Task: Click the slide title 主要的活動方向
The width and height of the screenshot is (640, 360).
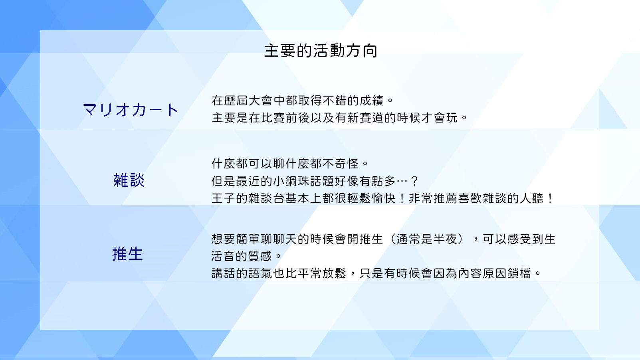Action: pyautogui.click(x=321, y=51)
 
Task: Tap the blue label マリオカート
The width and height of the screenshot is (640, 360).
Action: pyautogui.click(x=131, y=110)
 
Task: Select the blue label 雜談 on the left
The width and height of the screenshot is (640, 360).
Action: pyautogui.click(x=129, y=180)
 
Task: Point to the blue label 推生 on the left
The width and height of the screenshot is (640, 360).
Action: pyautogui.click(x=127, y=254)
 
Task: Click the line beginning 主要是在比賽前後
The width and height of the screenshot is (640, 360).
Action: pyautogui.click(x=339, y=118)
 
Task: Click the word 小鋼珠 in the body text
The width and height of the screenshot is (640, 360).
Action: pyautogui.click(x=291, y=181)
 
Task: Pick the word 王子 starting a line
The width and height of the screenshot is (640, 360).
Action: pyautogui.click(x=224, y=198)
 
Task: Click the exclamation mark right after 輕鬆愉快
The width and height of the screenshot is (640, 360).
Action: pyautogui.click(x=402, y=198)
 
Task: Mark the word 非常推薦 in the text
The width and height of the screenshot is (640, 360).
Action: pyautogui.click(x=433, y=198)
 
